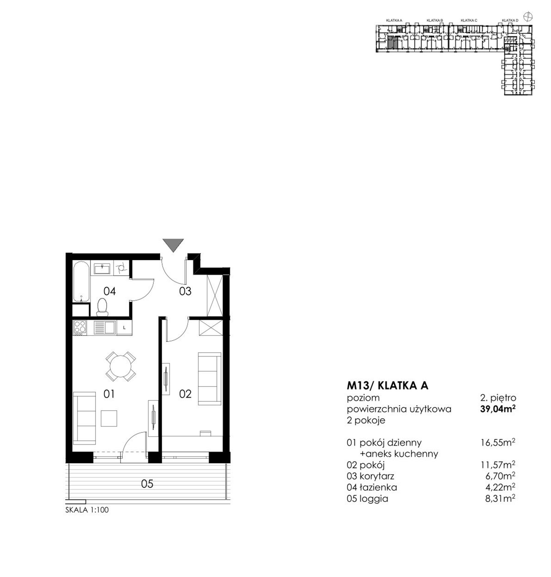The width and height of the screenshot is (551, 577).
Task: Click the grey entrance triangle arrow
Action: click(x=173, y=244)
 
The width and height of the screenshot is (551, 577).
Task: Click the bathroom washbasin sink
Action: click(x=103, y=268)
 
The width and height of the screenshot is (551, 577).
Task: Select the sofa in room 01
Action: click(x=84, y=418)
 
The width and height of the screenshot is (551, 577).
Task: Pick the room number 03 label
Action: click(x=185, y=291)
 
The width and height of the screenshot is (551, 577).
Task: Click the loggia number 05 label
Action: click(x=147, y=484)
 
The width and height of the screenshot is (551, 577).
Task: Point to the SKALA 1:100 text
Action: click(x=87, y=510)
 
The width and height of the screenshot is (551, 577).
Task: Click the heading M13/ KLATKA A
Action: click(x=387, y=385)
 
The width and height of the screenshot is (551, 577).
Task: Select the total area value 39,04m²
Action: click(x=498, y=409)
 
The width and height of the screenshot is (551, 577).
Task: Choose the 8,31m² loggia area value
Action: click(x=500, y=499)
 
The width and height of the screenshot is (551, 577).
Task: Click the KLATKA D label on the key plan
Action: click(x=510, y=20)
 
